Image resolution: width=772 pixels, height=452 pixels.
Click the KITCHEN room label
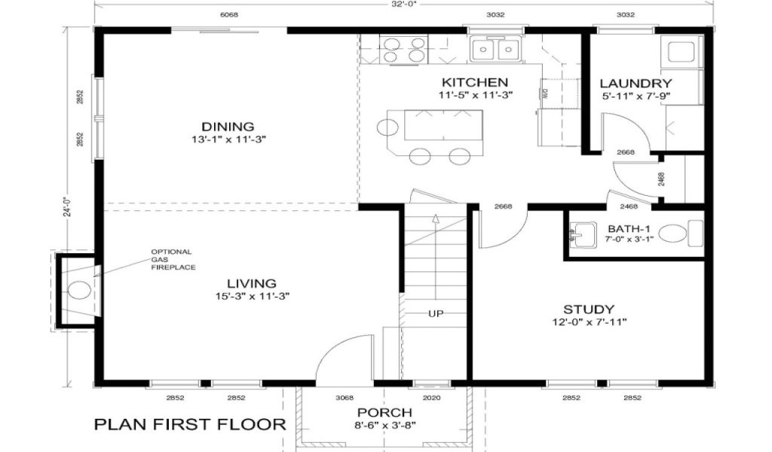click(x=475, y=82)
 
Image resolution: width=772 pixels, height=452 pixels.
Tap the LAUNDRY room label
click(x=636, y=84)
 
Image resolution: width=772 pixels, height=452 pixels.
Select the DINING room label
click(x=228, y=127)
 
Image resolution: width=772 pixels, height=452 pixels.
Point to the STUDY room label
click(x=589, y=310)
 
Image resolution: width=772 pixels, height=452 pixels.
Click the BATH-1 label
click(x=629, y=229)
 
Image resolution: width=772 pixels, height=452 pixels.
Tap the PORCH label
click(x=384, y=412)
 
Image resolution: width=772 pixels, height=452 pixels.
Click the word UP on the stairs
click(x=436, y=313)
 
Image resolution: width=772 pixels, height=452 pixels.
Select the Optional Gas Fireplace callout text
click(x=173, y=259)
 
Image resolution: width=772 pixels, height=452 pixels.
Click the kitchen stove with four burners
click(x=404, y=50)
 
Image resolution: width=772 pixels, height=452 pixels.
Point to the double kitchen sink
click(x=495, y=49)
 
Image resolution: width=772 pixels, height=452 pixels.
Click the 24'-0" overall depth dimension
click(x=69, y=206)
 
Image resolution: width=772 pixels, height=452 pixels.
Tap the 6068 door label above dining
click(x=229, y=15)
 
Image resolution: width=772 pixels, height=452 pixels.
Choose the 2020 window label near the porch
click(x=432, y=398)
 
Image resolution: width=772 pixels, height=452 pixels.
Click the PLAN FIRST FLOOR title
click(x=190, y=424)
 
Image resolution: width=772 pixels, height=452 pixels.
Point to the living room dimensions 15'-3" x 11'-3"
click(x=252, y=296)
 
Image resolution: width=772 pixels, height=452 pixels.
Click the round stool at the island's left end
click(x=388, y=127)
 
